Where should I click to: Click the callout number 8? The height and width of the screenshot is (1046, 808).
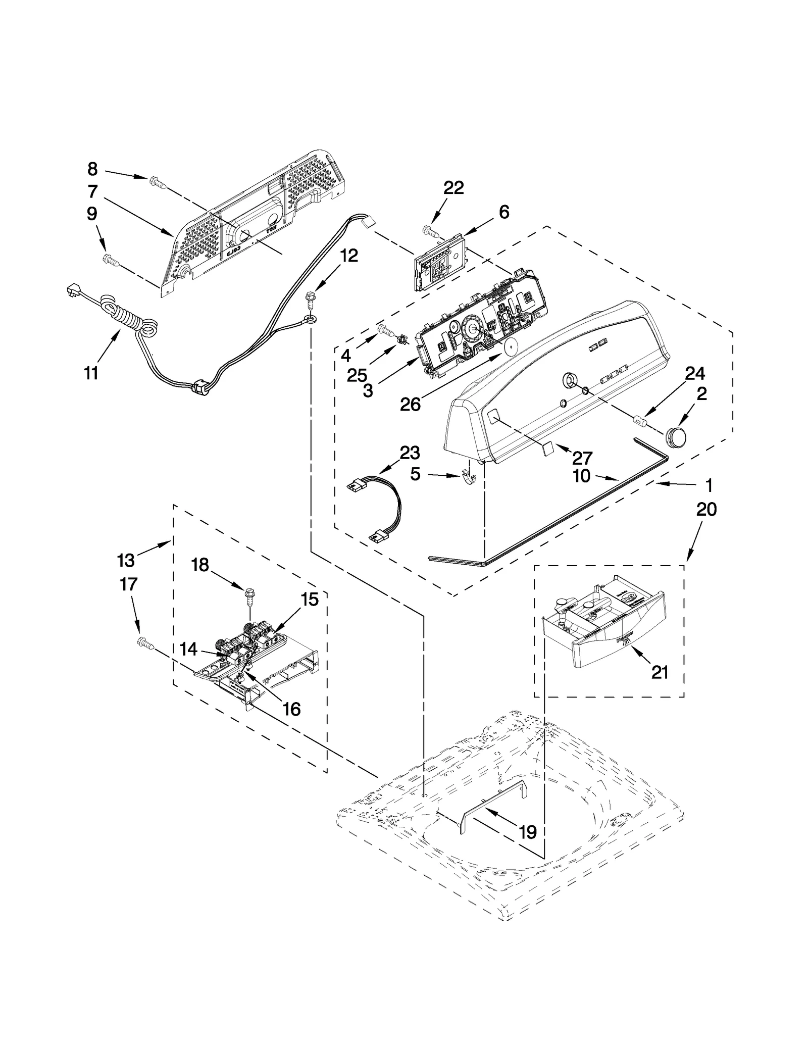click(92, 169)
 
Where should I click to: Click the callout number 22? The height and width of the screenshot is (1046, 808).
click(453, 188)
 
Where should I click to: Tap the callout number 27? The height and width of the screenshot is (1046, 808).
click(582, 458)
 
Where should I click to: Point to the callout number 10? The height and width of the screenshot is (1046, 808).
click(582, 476)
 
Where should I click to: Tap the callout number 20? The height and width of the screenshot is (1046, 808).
click(706, 510)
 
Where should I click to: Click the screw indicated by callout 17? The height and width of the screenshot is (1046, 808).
click(143, 643)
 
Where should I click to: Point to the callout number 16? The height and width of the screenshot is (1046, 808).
click(291, 709)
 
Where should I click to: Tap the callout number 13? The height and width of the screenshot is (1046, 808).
click(126, 560)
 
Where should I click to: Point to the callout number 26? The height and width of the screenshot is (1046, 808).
click(410, 405)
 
